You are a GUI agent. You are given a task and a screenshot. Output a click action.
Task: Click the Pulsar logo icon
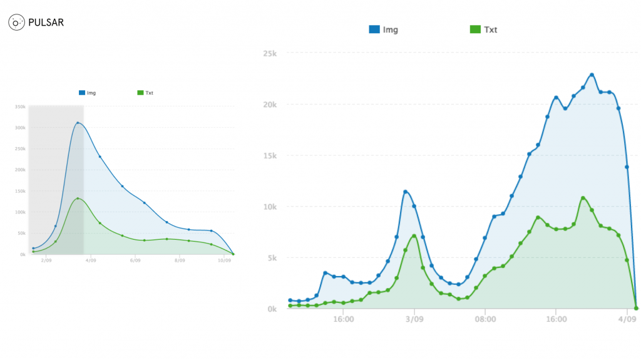[17, 23]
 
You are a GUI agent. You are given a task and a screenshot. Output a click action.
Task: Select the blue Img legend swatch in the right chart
[374, 29]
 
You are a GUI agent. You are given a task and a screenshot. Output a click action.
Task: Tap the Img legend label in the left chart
[91, 93]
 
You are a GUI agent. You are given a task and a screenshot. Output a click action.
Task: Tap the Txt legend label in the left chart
[149, 93]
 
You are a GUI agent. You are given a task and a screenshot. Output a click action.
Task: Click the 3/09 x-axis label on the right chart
[414, 319]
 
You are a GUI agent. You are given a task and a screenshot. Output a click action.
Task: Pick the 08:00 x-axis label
[485, 319]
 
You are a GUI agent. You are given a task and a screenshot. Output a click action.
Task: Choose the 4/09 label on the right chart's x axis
[627, 319]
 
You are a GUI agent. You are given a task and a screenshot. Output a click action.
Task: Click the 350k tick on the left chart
[20, 107]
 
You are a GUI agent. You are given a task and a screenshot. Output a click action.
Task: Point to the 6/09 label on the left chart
[134, 259]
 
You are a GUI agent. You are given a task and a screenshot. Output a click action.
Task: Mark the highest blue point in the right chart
[592, 75]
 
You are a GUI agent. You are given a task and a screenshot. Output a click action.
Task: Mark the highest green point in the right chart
[583, 198]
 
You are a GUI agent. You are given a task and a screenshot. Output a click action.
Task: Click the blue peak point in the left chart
[78, 123]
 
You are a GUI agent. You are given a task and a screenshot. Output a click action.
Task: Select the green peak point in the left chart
[78, 198]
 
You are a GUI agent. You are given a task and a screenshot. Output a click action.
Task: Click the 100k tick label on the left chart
[20, 212]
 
